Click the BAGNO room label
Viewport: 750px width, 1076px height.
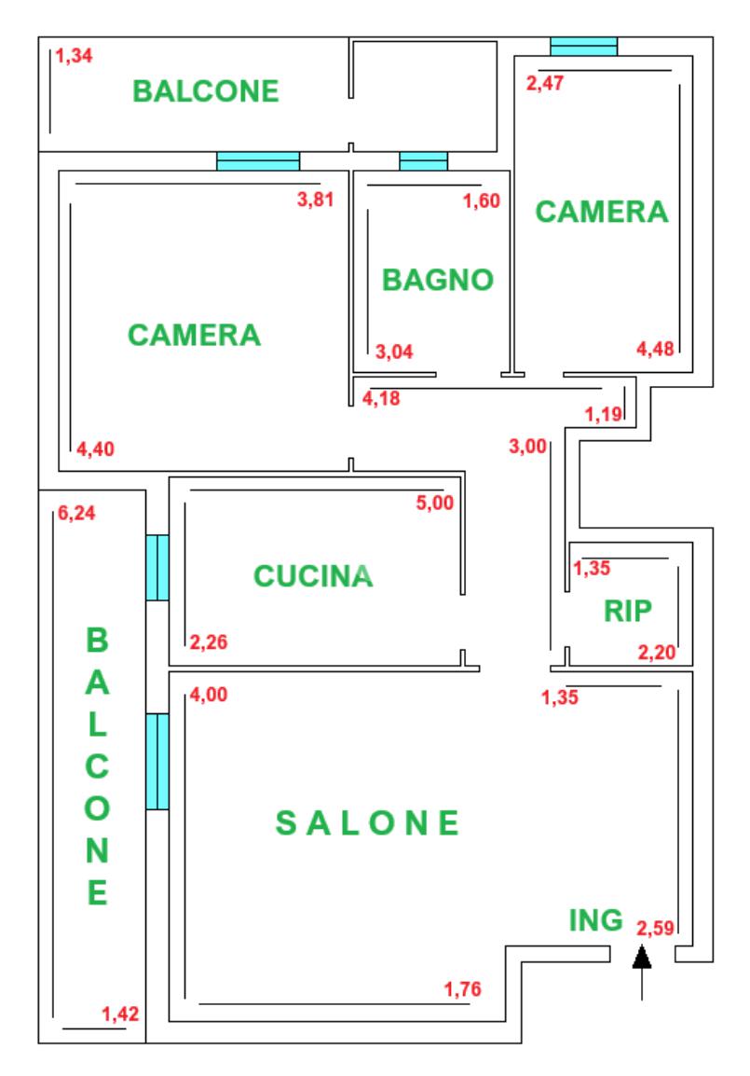[x=438, y=280]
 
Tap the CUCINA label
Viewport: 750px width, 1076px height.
[x=313, y=576]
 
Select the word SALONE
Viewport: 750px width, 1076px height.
[x=368, y=822]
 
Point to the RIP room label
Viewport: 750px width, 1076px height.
[x=628, y=610]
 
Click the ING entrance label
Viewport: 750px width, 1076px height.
[x=595, y=920]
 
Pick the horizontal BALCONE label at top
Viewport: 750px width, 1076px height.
[x=206, y=90]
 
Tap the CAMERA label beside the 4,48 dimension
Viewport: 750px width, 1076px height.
[x=602, y=212]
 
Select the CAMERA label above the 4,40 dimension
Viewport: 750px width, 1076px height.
[x=194, y=335]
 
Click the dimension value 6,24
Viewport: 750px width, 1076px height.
[x=76, y=514]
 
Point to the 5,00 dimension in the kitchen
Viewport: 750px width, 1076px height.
[x=435, y=504]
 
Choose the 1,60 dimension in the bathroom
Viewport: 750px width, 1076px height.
[x=483, y=199]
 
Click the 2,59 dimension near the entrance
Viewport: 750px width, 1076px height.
[x=656, y=928]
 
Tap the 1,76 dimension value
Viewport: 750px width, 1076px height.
[x=462, y=990]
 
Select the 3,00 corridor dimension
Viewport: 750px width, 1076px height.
[x=527, y=447]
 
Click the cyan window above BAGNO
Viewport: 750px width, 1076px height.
[x=424, y=161]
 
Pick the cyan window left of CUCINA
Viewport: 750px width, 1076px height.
[x=157, y=567]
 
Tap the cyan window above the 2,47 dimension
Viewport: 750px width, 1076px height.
[x=583, y=46]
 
